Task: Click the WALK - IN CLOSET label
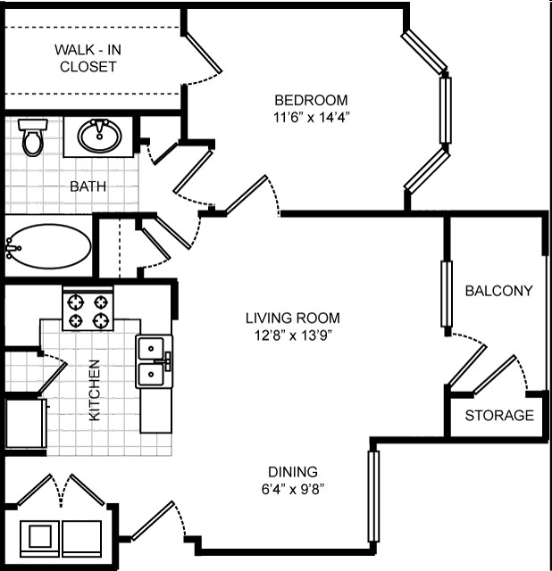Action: pos(87,58)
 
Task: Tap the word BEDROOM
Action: pos(311,100)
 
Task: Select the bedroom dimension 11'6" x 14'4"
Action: pos(311,116)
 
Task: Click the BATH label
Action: pos(88,186)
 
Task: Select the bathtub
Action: pos(48,244)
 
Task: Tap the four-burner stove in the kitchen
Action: pos(89,310)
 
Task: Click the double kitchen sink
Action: pos(154,361)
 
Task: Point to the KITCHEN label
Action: pos(95,390)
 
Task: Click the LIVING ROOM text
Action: pos(293,318)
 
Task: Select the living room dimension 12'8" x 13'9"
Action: pos(293,335)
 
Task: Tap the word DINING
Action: pos(293,472)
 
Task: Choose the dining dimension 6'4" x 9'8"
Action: pos(293,489)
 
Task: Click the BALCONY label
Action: pos(498,291)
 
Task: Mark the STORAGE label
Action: pos(498,416)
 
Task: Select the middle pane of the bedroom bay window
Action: pos(445,110)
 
